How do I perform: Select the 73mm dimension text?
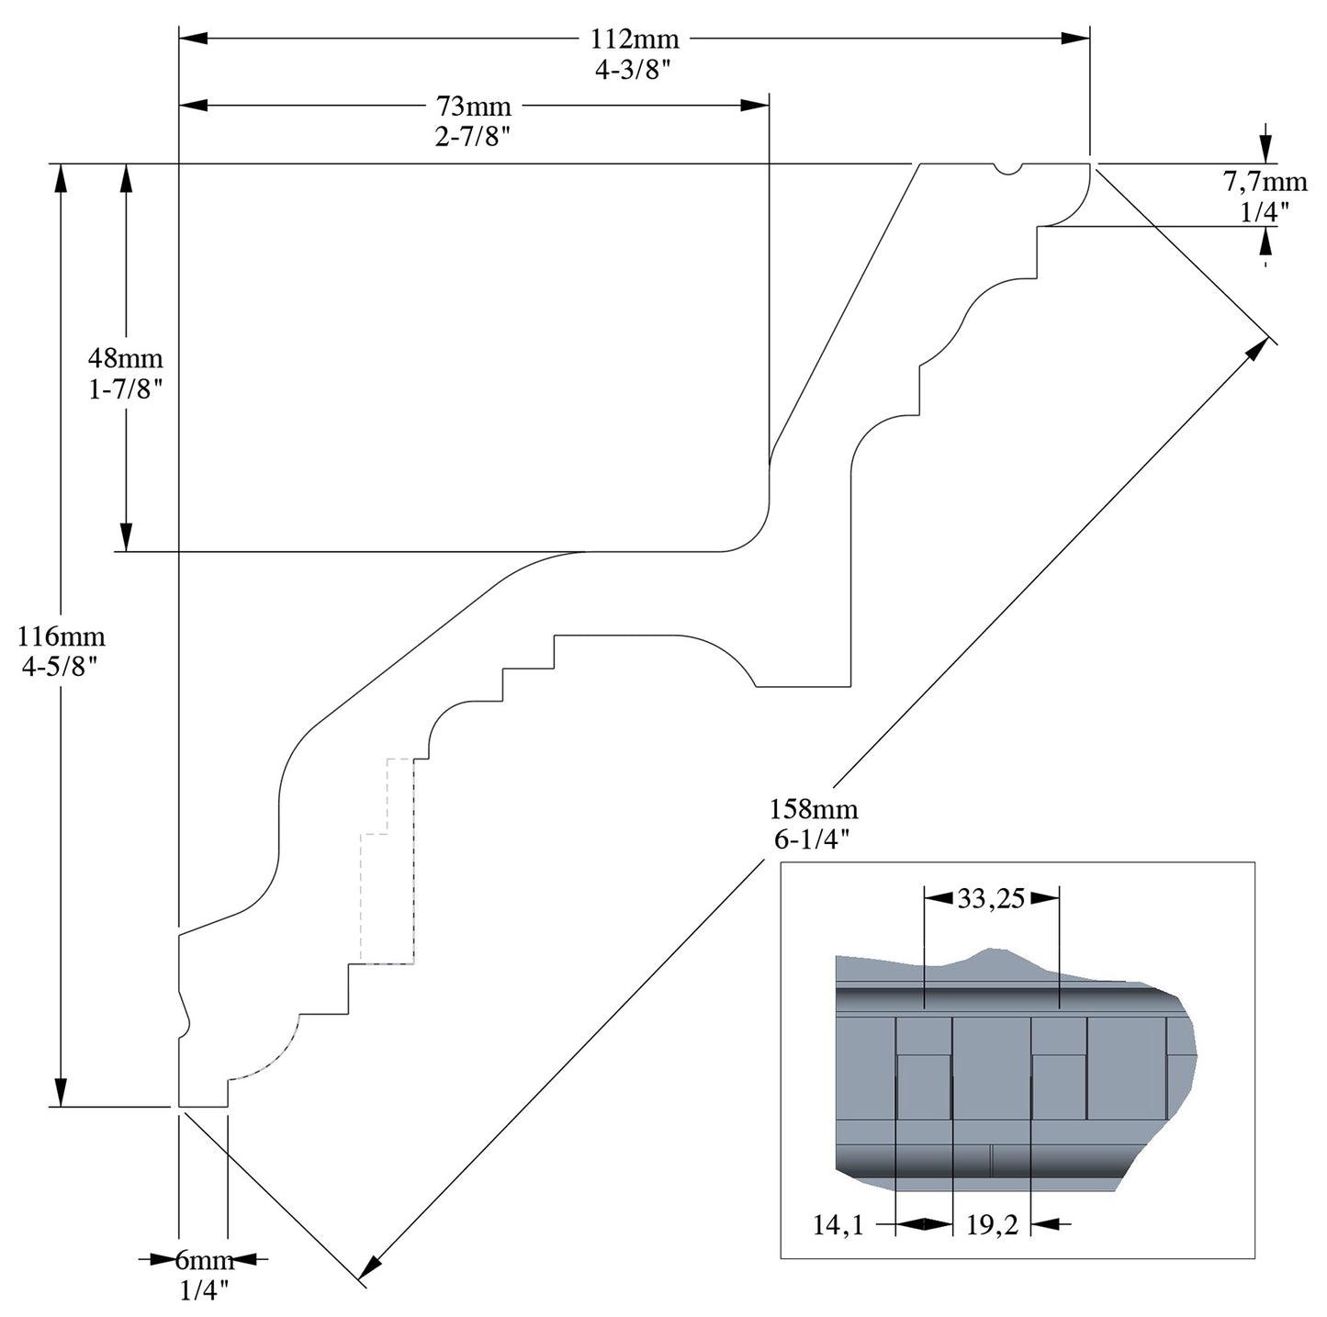tap(473, 107)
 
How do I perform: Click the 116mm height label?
tap(62, 636)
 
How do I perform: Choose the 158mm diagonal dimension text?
tap(814, 809)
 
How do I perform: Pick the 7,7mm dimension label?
tap(1265, 181)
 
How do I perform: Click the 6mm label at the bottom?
tap(204, 1260)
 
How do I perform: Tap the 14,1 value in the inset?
tap(838, 1224)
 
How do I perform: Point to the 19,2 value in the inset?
tap(992, 1224)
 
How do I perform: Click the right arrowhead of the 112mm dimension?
tap(1076, 39)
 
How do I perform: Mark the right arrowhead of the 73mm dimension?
tap(755, 107)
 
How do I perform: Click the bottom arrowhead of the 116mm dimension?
tap(61, 1093)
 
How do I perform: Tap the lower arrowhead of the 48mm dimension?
tap(126, 538)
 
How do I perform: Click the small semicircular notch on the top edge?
tap(1008, 169)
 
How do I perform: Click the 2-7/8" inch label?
tap(473, 138)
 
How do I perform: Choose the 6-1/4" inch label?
tap(814, 839)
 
